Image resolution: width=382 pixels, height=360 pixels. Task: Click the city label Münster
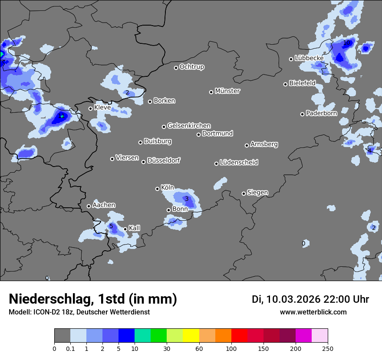[227, 91]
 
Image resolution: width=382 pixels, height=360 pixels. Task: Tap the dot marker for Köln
[158, 189]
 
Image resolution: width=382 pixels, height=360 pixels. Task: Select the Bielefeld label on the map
[302, 83]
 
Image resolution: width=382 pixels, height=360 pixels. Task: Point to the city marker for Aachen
[89, 206]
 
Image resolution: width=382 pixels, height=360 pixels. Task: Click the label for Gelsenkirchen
[189, 126]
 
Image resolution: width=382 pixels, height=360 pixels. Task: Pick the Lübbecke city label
[309, 58]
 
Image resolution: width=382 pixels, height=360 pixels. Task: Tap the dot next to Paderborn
[303, 114]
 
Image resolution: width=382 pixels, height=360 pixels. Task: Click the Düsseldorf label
[164, 160]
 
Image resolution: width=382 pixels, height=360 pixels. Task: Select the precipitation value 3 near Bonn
[187, 199]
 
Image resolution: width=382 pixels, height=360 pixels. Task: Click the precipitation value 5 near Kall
[111, 226]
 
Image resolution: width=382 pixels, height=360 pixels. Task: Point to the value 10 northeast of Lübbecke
[347, 43]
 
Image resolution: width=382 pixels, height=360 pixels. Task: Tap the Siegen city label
[257, 193]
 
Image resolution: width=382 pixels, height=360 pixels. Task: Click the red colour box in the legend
[239, 336]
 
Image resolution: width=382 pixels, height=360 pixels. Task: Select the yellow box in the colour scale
[191, 336]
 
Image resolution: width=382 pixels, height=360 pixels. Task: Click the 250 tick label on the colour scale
[328, 348]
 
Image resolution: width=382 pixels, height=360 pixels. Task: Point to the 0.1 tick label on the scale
[70, 348]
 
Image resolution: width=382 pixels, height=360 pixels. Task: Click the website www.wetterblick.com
[313, 312]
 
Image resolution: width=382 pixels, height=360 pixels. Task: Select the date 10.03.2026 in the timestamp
[293, 299]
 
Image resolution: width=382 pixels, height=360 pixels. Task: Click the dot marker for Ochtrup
[176, 68]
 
